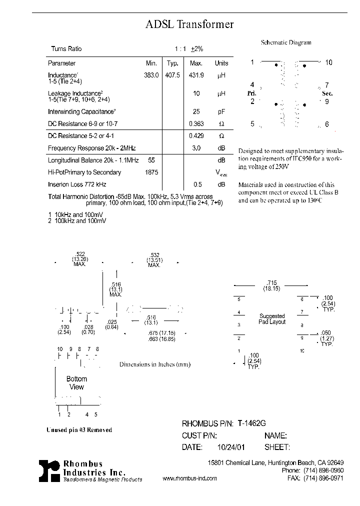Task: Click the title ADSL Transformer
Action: click(x=189, y=24)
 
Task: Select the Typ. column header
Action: click(x=172, y=63)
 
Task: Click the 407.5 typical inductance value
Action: click(x=172, y=75)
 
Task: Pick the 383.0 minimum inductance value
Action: click(x=151, y=75)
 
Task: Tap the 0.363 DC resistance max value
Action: click(x=196, y=123)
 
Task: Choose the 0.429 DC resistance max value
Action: click(x=196, y=136)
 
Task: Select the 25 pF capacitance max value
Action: click(x=196, y=111)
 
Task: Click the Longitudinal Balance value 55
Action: click(x=151, y=160)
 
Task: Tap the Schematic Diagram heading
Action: click(x=286, y=43)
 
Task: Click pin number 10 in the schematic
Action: click(x=328, y=62)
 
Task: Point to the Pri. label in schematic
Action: click(x=251, y=93)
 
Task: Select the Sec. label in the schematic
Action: click(x=327, y=93)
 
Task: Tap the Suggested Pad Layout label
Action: click(x=272, y=319)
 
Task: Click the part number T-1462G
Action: click(x=252, y=423)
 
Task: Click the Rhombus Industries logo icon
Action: click(x=49, y=471)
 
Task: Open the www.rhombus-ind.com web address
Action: click(x=190, y=478)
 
